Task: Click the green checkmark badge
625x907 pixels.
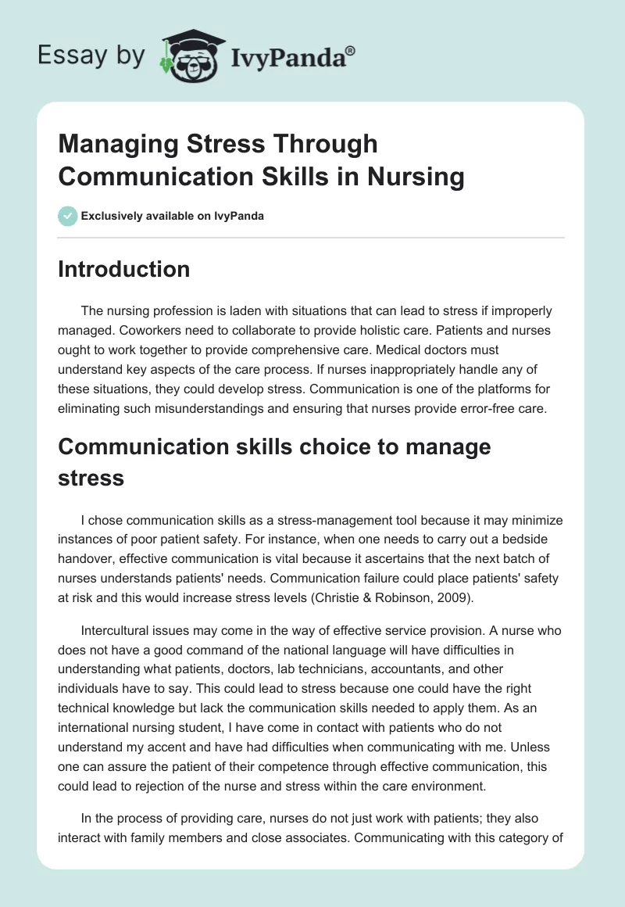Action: click(x=68, y=216)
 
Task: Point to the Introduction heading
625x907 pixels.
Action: click(x=124, y=269)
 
